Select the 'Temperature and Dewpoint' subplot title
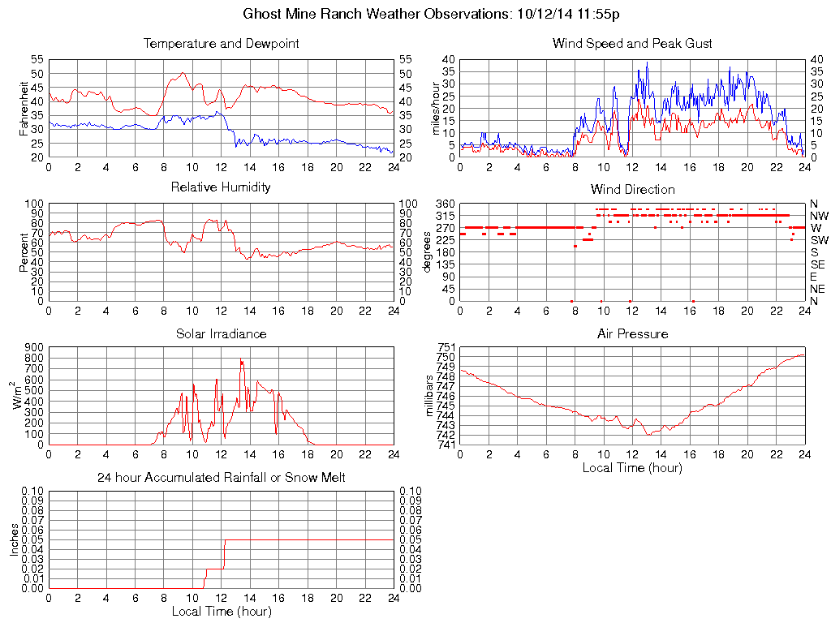point(221,44)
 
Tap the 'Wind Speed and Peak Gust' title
point(632,44)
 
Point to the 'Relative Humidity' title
point(221,188)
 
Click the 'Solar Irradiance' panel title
point(221,334)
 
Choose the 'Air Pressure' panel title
point(632,334)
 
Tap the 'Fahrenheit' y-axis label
point(24,108)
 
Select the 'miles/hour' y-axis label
point(436,108)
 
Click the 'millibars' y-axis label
point(431,395)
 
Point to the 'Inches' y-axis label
point(14,539)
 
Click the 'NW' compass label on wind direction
point(819,216)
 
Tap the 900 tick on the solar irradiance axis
point(34,347)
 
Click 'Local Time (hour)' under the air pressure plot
point(632,467)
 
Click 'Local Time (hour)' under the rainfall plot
point(221,612)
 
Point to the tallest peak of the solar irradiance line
point(241,359)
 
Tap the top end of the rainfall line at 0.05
point(225,540)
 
